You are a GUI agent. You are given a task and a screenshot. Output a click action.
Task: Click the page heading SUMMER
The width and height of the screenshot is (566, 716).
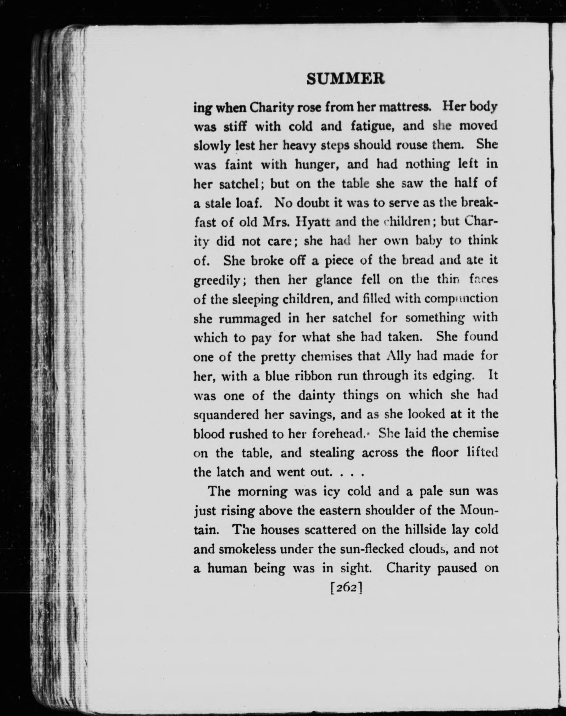click(346, 79)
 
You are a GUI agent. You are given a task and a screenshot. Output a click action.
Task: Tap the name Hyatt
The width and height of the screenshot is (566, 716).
click(313, 222)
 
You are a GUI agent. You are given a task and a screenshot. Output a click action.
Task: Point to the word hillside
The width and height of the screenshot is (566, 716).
click(425, 529)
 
